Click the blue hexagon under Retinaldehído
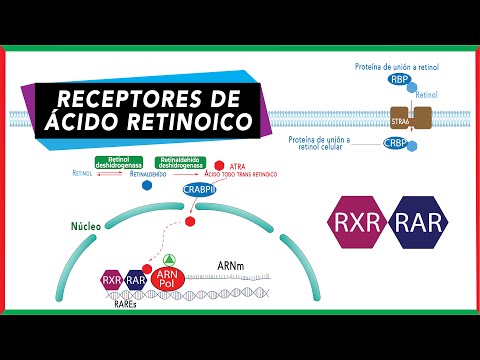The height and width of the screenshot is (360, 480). pos(148,186)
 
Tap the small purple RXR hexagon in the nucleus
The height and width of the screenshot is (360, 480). pos(111,281)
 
